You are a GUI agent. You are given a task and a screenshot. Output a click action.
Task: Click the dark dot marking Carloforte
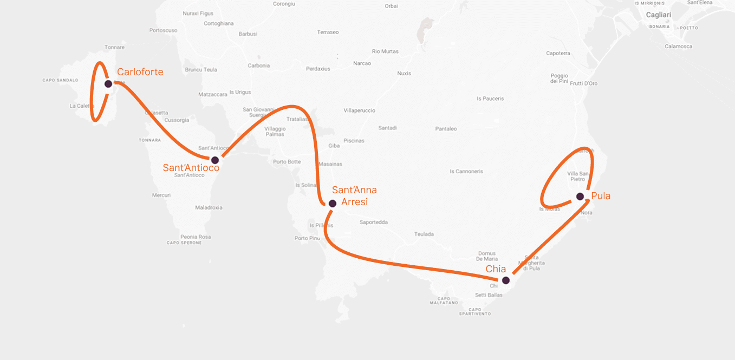(108, 84)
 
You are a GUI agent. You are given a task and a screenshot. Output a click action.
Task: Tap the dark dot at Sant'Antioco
(215, 160)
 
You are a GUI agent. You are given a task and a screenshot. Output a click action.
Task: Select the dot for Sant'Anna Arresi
(333, 204)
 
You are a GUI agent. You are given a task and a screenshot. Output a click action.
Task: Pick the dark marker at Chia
(506, 280)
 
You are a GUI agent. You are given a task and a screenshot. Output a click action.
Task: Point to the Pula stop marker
(580, 197)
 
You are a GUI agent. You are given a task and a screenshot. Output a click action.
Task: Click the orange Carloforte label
(140, 72)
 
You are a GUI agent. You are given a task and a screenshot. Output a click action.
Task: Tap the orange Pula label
(601, 196)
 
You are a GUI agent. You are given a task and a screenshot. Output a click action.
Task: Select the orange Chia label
(496, 269)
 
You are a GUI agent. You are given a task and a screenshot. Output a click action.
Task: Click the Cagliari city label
(659, 15)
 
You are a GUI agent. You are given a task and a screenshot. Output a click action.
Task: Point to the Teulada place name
(424, 234)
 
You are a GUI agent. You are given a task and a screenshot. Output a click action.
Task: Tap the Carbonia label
(258, 66)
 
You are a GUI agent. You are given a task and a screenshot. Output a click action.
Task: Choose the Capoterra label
(558, 53)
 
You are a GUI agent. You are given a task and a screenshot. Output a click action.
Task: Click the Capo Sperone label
(184, 243)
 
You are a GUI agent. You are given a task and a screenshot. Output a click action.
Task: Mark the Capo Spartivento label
(474, 311)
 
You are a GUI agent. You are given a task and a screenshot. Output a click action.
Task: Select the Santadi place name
(387, 128)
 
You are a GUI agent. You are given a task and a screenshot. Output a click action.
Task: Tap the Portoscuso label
(163, 30)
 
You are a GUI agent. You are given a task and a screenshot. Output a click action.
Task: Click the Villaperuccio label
(359, 110)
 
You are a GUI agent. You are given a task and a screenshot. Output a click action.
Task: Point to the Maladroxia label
(209, 207)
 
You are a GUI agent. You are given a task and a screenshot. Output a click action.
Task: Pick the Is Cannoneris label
(466, 172)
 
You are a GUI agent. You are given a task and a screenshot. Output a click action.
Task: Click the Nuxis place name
(404, 73)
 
